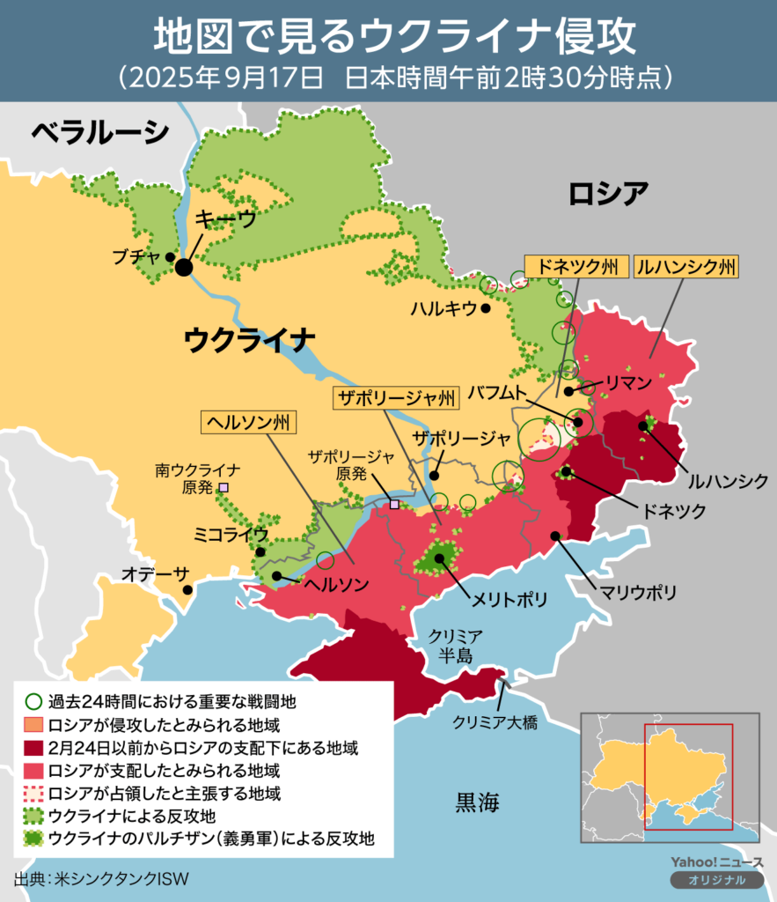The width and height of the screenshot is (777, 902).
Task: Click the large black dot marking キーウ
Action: click(184, 267)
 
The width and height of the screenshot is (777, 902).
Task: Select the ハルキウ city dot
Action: click(487, 309)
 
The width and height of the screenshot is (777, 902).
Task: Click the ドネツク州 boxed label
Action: click(576, 266)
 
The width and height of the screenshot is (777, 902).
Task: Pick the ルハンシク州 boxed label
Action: click(686, 266)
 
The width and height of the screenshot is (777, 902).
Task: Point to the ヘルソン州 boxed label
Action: click(249, 422)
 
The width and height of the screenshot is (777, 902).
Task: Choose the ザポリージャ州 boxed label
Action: click(397, 399)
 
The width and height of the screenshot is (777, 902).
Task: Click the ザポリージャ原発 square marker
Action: click(394, 505)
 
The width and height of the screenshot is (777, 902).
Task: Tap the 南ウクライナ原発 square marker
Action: click(224, 486)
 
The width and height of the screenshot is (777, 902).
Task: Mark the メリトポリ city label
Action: click(509, 599)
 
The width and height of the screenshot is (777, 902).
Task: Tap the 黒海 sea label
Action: click(478, 802)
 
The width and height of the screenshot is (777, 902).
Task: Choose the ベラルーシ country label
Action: click(99, 132)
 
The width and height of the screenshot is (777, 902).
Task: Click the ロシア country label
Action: click(609, 192)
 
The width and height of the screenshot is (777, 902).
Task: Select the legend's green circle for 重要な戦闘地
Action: click(32, 703)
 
